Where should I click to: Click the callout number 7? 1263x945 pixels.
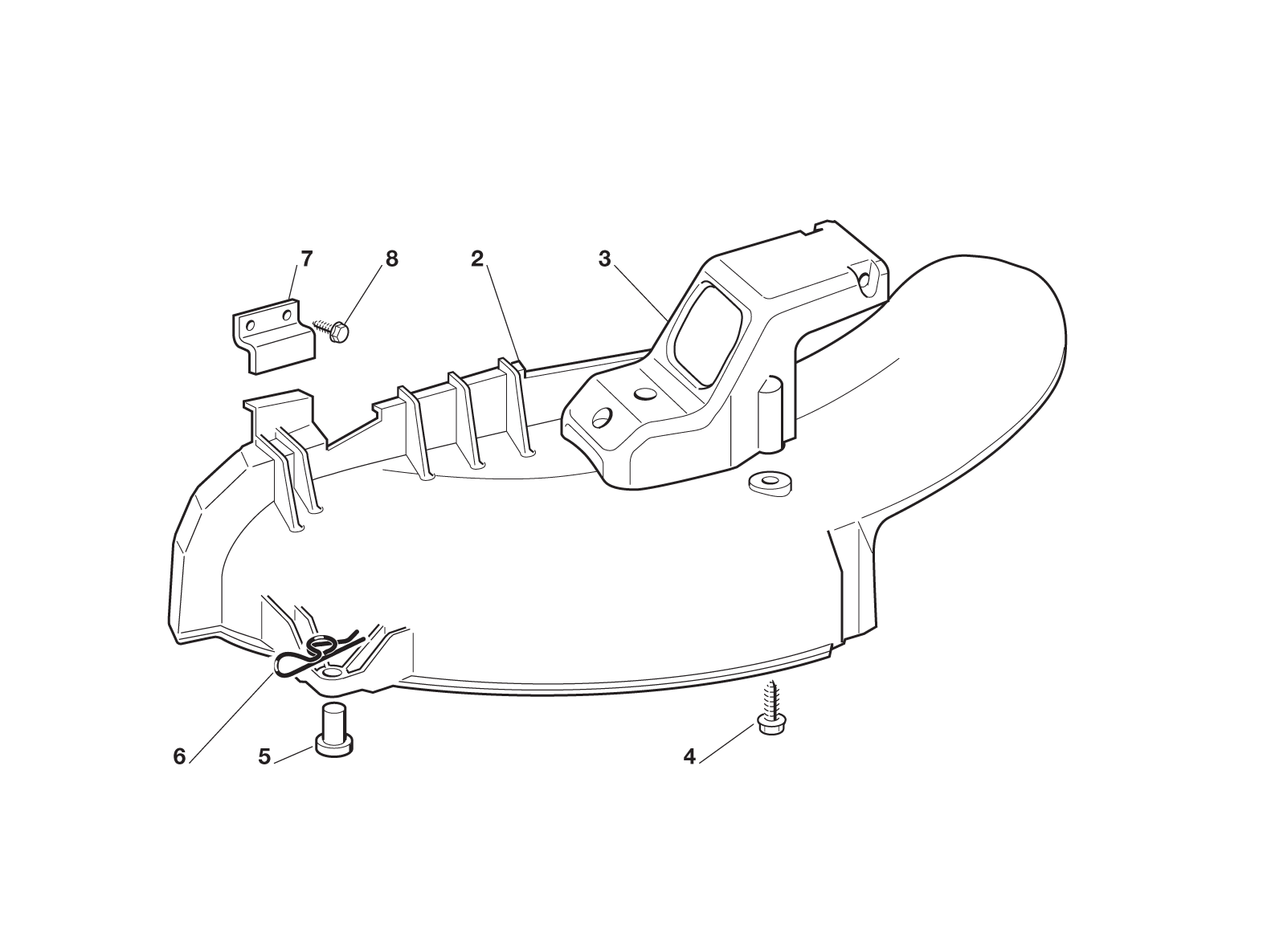tap(307, 259)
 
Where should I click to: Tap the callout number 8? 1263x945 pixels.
tap(392, 259)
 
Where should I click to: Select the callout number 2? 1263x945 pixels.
tap(477, 259)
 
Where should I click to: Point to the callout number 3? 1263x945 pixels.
tap(604, 259)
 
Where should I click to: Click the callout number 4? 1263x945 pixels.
tap(689, 756)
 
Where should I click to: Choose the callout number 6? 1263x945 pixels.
tap(179, 756)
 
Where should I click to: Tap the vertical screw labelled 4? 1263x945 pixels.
tap(770, 707)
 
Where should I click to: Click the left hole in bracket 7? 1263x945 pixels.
tap(251, 326)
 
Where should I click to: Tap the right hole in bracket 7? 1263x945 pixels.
tap(287, 315)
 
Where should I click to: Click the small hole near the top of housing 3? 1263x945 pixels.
tap(864, 280)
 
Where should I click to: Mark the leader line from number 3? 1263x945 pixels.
tap(640, 291)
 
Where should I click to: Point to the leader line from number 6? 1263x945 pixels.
tap(232, 718)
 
